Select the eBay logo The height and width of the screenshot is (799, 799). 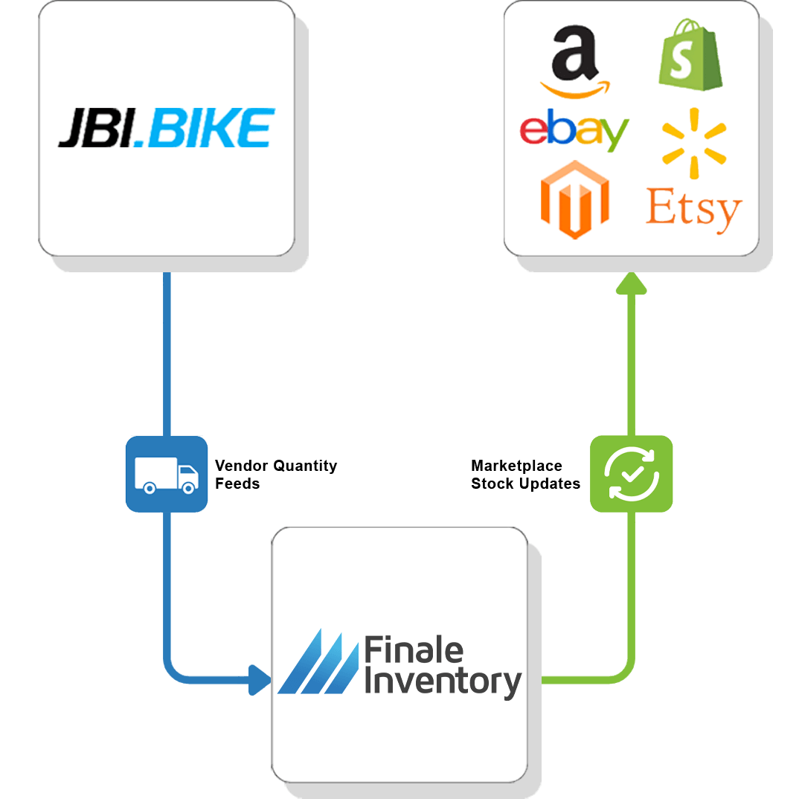[574, 132]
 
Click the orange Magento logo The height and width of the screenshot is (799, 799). [574, 199]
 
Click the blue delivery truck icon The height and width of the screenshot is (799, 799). [167, 474]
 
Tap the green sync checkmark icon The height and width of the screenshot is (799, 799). [632, 474]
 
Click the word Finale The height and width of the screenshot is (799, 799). [414, 652]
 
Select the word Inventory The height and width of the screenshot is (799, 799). [443, 681]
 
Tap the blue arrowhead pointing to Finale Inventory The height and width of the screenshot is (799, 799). [260, 680]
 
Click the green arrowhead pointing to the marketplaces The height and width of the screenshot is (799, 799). [631, 283]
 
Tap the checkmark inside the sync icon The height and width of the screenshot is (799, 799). [632, 472]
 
